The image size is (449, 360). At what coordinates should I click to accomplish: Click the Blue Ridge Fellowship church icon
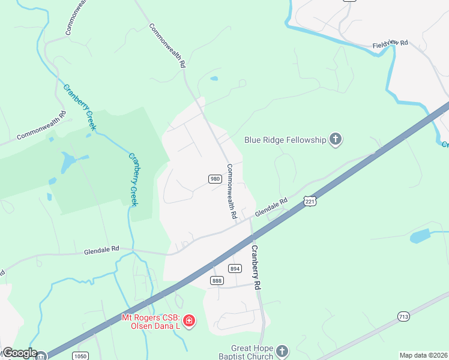point(336,140)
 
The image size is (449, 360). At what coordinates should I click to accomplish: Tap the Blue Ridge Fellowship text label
point(285,140)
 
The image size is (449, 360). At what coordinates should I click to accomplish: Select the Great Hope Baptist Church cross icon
point(283,351)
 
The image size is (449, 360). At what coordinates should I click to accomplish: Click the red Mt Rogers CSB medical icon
point(189,322)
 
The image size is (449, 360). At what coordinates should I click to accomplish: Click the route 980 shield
point(214,179)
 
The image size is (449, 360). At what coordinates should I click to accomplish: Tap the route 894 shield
point(235,269)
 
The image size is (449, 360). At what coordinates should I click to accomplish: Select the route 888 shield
point(217,281)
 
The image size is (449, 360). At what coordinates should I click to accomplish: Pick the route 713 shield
point(403,316)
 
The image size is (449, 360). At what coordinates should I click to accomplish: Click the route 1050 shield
point(80,356)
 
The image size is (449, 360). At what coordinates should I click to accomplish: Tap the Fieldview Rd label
point(390,44)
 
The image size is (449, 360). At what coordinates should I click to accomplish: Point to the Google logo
point(19,353)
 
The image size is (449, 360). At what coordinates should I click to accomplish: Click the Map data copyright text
point(423,355)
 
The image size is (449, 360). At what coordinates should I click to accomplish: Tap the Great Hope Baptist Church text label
point(252,352)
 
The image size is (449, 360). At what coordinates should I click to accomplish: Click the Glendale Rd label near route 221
point(271,208)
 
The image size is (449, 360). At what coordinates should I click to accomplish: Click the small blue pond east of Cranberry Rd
point(420,236)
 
